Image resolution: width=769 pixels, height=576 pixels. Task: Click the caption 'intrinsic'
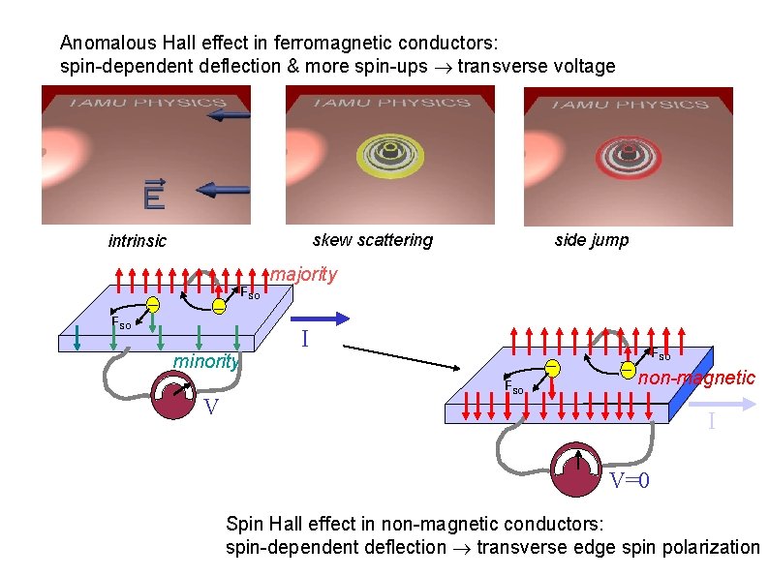point(137,241)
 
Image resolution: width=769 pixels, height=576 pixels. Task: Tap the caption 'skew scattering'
point(373,240)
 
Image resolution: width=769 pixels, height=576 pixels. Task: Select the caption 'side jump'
point(591,240)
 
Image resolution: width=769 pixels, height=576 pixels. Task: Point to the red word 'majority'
point(303,274)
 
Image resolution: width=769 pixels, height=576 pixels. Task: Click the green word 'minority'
point(206,362)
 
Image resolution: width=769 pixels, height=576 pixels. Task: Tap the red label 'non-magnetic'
point(696,378)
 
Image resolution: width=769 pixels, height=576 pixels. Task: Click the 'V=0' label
point(629,481)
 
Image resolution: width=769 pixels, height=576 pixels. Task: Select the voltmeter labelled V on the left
point(175,397)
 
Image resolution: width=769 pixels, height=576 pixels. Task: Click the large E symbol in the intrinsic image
point(153,198)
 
